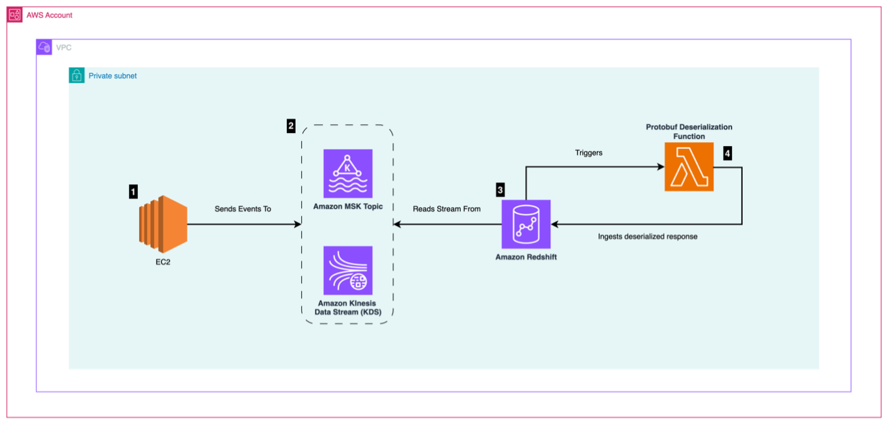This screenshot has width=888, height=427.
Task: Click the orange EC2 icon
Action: click(x=163, y=223)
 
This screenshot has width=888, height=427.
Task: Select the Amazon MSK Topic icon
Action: click(x=347, y=174)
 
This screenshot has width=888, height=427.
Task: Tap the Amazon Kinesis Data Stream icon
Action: click(x=347, y=270)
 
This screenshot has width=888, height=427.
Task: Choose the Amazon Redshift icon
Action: click(x=526, y=224)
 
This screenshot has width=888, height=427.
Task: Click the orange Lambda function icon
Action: click(x=689, y=167)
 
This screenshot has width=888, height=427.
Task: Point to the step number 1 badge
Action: click(x=133, y=192)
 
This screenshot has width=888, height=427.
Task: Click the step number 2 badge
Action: click(x=291, y=126)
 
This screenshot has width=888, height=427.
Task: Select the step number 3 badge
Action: click(x=500, y=189)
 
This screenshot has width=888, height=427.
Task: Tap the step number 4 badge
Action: click(x=727, y=153)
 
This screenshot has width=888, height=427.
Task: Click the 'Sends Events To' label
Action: click(x=243, y=209)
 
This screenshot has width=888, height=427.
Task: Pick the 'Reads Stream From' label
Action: click(x=446, y=209)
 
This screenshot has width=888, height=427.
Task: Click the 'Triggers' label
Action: click(x=589, y=153)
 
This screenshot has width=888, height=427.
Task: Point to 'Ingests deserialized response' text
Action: click(x=647, y=237)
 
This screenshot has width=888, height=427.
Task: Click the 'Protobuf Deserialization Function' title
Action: click(x=689, y=132)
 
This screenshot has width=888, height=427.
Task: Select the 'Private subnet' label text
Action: click(x=112, y=76)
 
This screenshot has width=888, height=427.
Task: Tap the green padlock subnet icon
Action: click(x=76, y=76)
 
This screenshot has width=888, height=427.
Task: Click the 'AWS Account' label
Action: click(x=49, y=15)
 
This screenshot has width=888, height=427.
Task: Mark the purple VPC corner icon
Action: click(x=44, y=47)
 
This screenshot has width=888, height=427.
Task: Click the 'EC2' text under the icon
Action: click(x=163, y=262)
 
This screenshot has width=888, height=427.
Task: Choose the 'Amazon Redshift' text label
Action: click(x=526, y=257)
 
